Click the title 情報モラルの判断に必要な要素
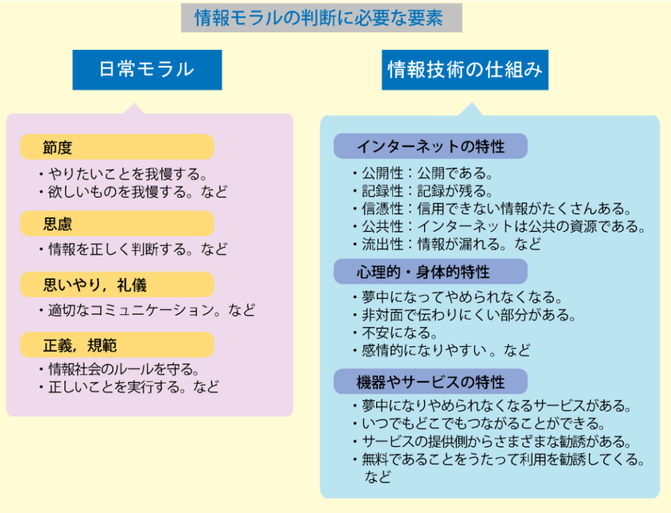pos(319,18)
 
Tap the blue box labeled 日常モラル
pos(147,69)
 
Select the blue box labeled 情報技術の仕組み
pos(465,69)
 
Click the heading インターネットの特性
pos(431,146)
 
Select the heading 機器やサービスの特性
pos(431,381)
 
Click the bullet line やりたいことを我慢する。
pos(124,174)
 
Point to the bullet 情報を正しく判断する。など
pos(133,249)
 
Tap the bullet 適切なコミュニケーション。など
pos(147,310)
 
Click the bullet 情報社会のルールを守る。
pos(119,369)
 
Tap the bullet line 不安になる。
pos(395,332)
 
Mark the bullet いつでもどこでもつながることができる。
pos(479,424)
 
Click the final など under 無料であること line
pos(377,476)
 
